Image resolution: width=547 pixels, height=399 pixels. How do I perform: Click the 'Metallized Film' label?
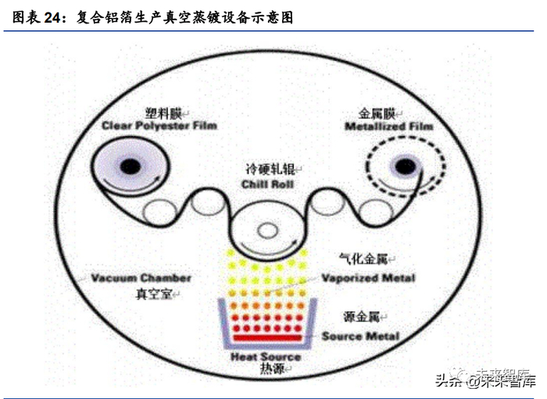tap(388, 126)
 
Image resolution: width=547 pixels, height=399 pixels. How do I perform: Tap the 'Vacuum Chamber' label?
tap(141, 279)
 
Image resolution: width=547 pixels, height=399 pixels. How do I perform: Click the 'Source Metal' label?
tap(360, 337)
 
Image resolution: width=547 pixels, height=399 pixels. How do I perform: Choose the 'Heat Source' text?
tap(265, 357)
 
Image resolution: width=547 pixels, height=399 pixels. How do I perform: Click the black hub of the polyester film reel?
tap(130, 166)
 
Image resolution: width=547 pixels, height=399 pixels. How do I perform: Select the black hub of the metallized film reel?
tap(404, 166)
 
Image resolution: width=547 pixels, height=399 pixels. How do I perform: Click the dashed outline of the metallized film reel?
tap(442, 166)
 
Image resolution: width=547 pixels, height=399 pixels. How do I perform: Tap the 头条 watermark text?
tap(446, 382)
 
